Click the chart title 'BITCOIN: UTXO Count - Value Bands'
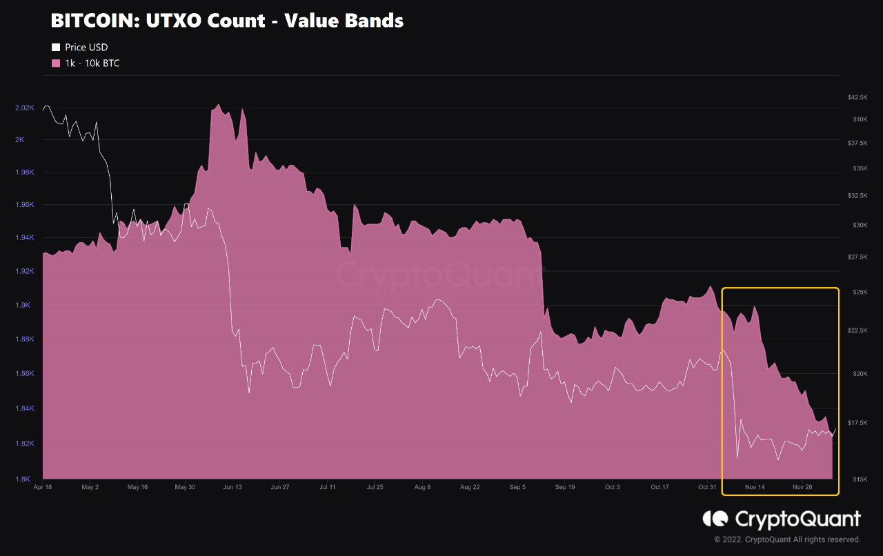point(227,21)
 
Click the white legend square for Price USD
point(56,48)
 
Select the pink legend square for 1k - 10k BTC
point(56,63)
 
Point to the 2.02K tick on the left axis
point(24,108)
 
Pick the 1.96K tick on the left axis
point(24,205)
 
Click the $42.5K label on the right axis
point(857,97)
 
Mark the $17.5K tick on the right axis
point(857,423)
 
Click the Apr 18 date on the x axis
point(43,487)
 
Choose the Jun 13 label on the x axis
point(232,487)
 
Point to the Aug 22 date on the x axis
point(470,487)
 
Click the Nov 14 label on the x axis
point(755,487)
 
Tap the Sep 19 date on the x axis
point(565,487)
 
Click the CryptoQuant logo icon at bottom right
point(715,519)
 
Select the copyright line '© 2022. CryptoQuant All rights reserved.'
point(787,539)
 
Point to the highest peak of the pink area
point(218,105)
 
